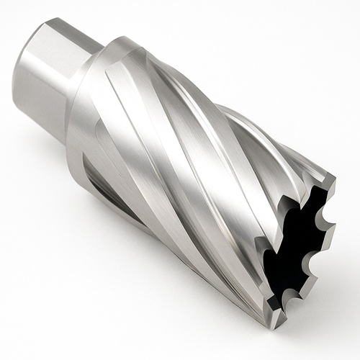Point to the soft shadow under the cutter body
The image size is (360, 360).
click(180, 302)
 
